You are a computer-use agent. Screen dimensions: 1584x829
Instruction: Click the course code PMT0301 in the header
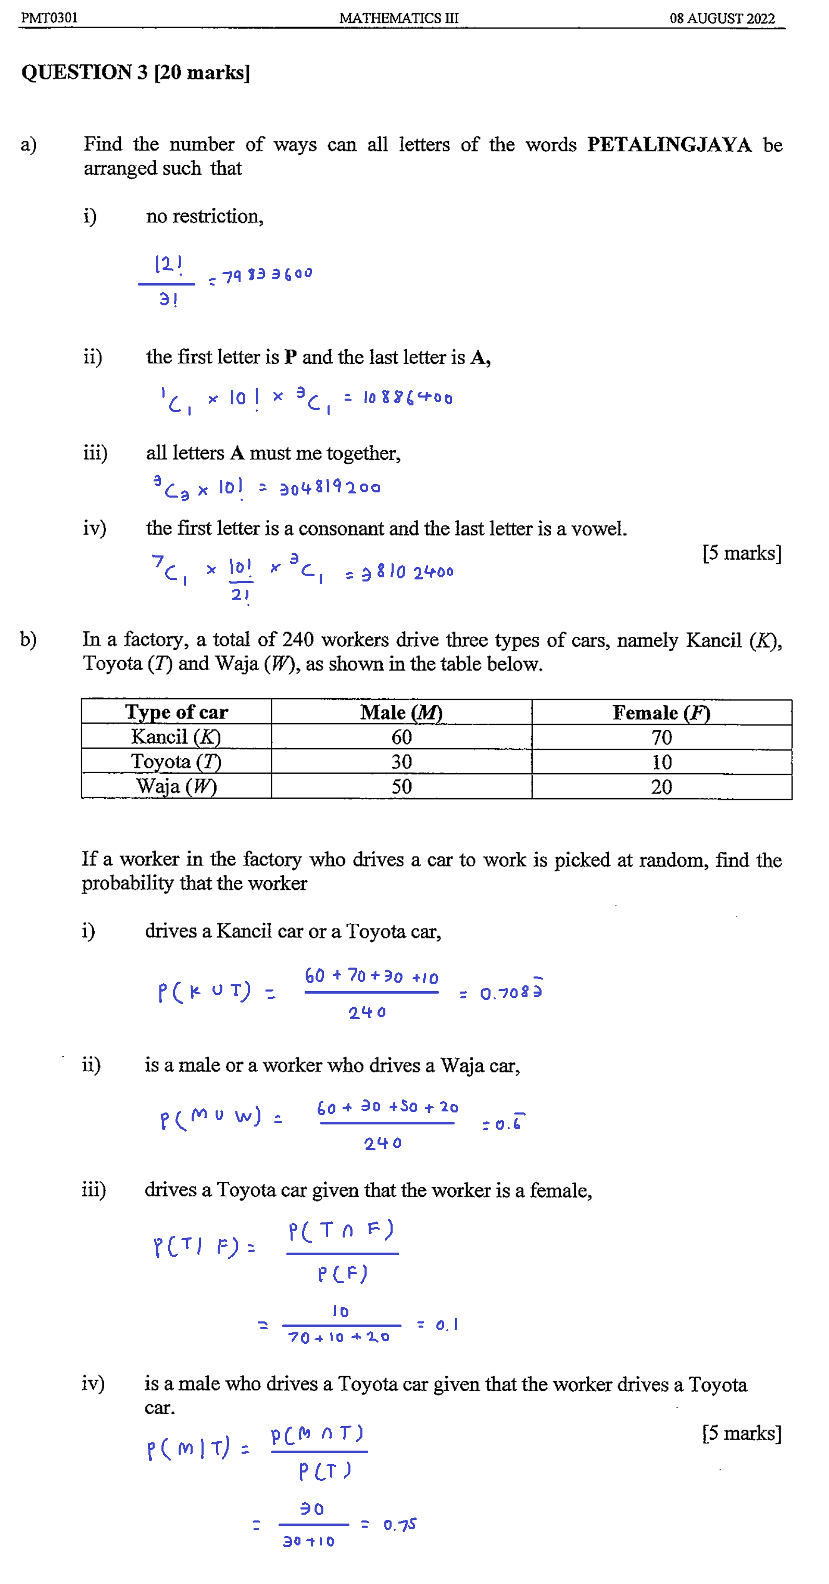pyautogui.click(x=49, y=18)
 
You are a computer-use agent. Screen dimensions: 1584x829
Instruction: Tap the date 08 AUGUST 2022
pyautogui.click(x=722, y=18)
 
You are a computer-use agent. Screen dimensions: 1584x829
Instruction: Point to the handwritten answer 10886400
pyautogui.click(x=407, y=398)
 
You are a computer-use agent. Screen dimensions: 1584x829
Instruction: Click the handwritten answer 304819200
pyautogui.click(x=330, y=488)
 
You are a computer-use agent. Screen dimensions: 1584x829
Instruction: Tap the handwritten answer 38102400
pyautogui.click(x=407, y=573)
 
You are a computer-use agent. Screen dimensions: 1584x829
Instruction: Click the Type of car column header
pyautogui.click(x=177, y=712)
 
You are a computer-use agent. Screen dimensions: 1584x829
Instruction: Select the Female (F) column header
pyautogui.click(x=661, y=713)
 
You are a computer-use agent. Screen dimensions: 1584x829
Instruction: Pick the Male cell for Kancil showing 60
pyautogui.click(x=401, y=737)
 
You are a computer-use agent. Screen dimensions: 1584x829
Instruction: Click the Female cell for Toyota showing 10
pyautogui.click(x=661, y=762)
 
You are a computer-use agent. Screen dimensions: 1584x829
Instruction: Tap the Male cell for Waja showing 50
pyautogui.click(x=401, y=786)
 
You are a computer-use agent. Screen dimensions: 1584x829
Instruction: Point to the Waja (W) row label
pyautogui.click(x=177, y=786)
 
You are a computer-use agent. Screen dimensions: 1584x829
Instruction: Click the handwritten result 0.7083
pyautogui.click(x=511, y=993)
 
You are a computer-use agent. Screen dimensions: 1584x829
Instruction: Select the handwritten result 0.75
pyautogui.click(x=399, y=1525)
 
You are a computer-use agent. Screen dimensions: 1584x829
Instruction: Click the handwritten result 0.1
pyautogui.click(x=447, y=1325)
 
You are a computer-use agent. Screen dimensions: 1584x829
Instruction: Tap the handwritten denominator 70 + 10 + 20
pyautogui.click(x=338, y=1338)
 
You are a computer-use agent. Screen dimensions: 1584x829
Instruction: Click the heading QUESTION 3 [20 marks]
pyautogui.click(x=135, y=72)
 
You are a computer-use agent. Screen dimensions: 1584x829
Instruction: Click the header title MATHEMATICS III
pyautogui.click(x=399, y=18)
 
